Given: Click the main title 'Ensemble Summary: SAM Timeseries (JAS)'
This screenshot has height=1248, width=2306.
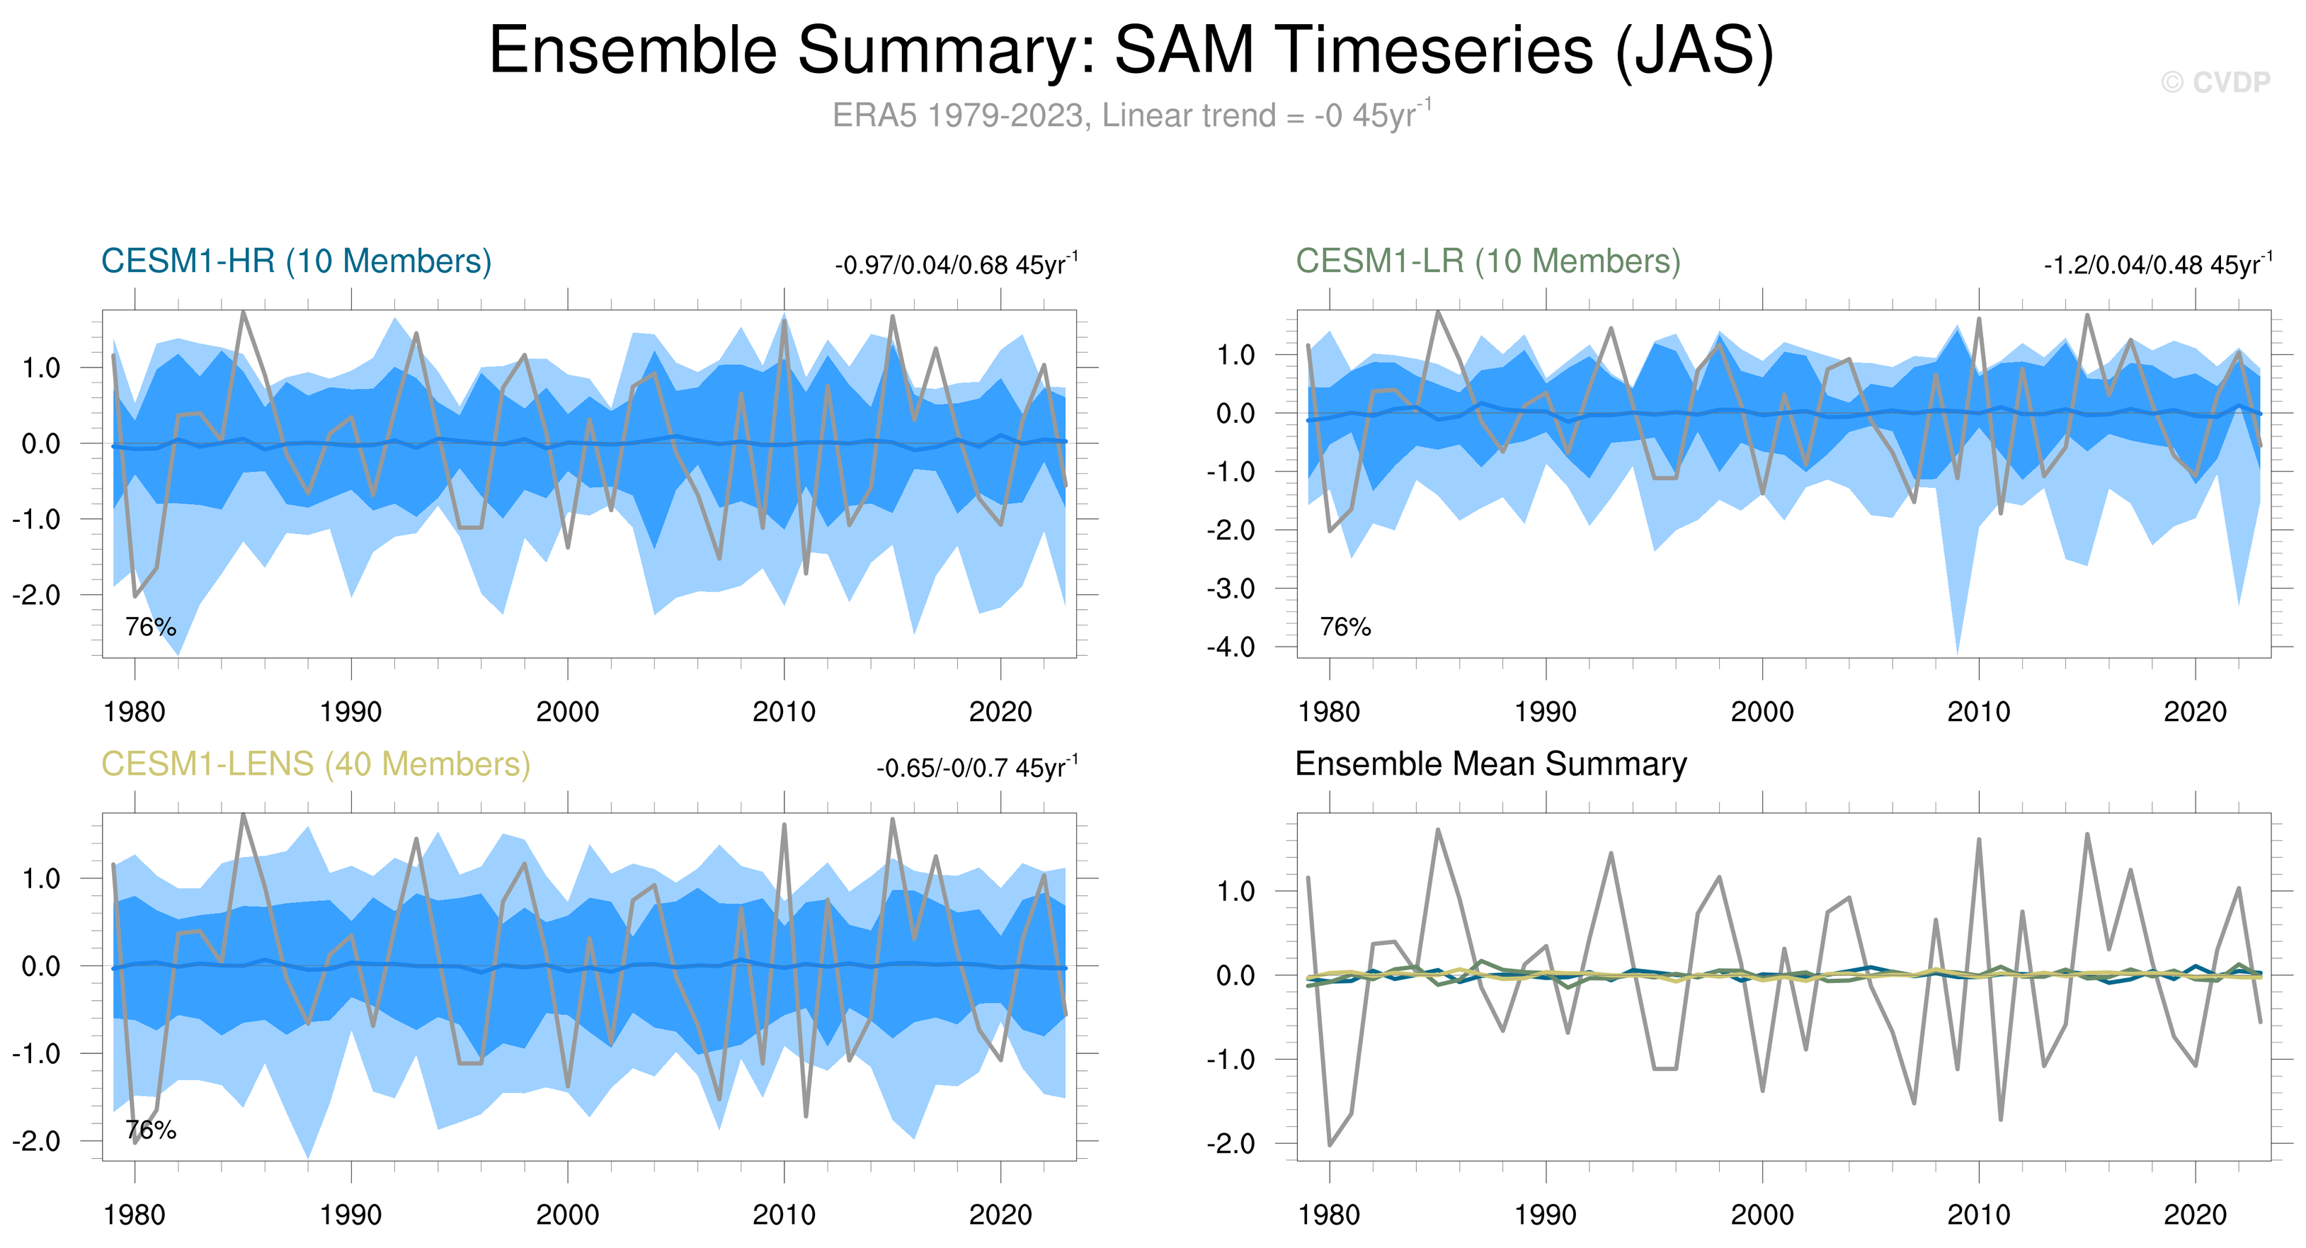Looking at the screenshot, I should [x=1131, y=50].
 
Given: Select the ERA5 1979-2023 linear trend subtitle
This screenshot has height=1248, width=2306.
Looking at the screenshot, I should [x=1131, y=115].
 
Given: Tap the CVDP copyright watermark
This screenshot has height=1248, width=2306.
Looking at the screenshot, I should [x=2215, y=82].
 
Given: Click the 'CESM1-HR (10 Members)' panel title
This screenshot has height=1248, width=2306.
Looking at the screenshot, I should [x=297, y=261].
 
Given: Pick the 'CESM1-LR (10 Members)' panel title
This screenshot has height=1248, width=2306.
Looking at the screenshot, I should [x=1488, y=261].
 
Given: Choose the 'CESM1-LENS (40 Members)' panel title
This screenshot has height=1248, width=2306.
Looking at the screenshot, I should [x=315, y=764].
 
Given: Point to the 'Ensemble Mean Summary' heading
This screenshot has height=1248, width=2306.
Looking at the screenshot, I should [x=1490, y=764].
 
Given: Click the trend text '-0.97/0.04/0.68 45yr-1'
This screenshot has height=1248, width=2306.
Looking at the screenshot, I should [x=956, y=265].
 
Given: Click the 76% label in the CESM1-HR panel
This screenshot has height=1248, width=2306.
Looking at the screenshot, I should [x=150, y=627].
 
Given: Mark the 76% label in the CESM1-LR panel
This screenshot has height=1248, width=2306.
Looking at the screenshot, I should [x=1345, y=627].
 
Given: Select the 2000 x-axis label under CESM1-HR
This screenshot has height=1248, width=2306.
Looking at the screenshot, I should [x=568, y=713].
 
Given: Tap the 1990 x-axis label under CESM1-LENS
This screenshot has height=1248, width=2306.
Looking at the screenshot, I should [x=351, y=1215].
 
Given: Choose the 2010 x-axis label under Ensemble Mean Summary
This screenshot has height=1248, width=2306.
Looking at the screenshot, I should [x=1978, y=1215].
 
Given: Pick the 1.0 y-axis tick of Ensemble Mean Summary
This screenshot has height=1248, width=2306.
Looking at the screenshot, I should [x=1235, y=892].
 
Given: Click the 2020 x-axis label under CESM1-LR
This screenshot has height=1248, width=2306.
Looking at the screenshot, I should [x=2195, y=713].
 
